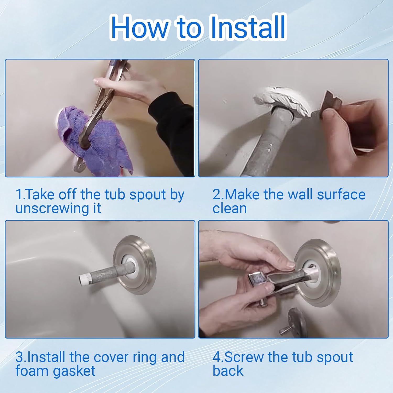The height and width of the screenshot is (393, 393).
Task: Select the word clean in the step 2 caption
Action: [x=230, y=209]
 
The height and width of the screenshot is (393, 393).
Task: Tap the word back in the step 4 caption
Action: [x=228, y=371]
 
